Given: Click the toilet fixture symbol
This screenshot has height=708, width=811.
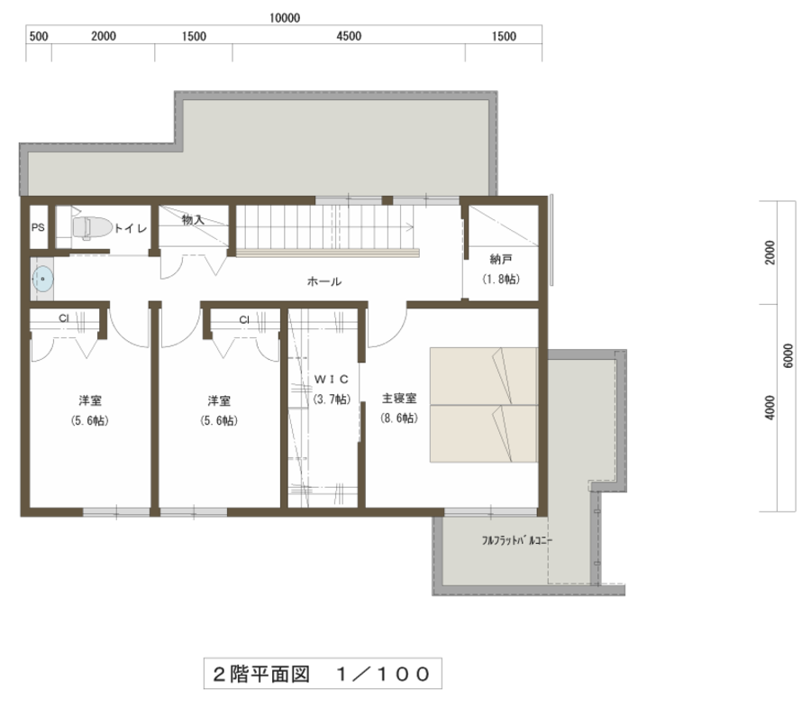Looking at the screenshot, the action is click(92, 227).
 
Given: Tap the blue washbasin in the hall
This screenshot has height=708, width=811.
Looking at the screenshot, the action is click(42, 279).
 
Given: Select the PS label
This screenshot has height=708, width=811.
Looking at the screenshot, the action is click(38, 227).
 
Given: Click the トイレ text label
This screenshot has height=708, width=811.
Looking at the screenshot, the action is click(131, 228).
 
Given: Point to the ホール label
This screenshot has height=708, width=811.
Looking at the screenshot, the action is click(324, 281).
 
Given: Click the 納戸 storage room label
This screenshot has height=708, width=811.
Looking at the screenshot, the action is click(501, 259).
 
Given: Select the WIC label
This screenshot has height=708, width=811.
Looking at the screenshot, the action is click(332, 380).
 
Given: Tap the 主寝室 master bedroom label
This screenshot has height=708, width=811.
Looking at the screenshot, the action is click(399, 398).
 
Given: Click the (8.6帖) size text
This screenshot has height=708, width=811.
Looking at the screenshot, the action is click(399, 418).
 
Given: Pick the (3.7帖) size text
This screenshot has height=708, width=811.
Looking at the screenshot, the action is click(332, 399).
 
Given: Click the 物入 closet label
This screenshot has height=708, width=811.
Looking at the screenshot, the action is click(193, 220).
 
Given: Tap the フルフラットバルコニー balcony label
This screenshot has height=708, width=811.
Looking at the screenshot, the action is click(517, 540).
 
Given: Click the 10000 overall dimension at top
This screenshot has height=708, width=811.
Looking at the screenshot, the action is click(285, 18).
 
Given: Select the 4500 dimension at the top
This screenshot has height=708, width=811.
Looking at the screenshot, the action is click(349, 36).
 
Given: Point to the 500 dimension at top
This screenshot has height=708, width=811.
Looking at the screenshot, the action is click(39, 36).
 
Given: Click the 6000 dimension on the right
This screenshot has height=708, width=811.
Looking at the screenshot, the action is click(788, 355).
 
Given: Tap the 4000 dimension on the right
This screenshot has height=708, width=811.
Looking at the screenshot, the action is click(770, 408).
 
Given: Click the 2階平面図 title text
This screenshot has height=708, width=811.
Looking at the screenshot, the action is click(261, 674).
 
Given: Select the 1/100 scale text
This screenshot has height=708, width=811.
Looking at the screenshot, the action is click(383, 674).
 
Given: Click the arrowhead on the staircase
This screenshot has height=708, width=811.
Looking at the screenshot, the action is click(411, 226).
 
